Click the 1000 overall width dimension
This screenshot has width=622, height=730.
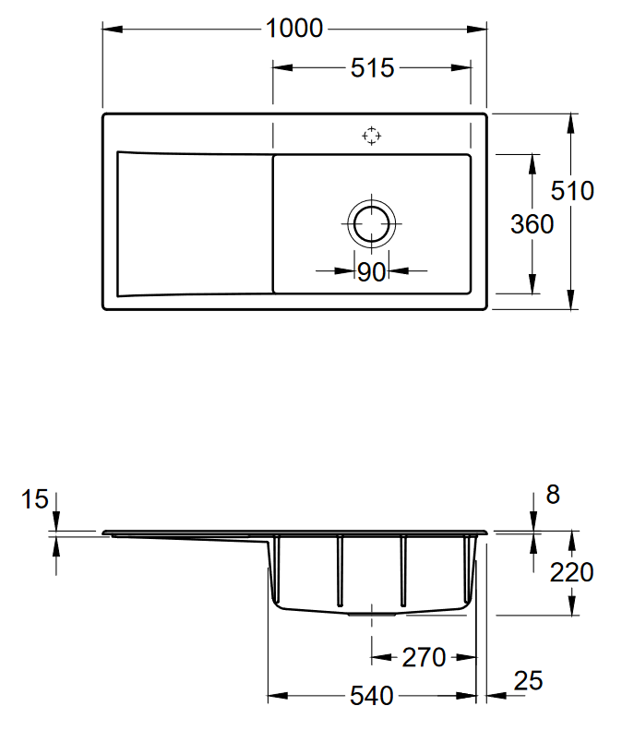[294, 29]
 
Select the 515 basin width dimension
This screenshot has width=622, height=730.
[372, 67]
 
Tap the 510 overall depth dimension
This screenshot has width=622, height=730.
[572, 190]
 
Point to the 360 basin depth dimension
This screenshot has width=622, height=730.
[532, 223]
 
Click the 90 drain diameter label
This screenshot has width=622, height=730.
[371, 271]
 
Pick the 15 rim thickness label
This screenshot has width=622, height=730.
[34, 500]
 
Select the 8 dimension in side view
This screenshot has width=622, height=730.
[553, 495]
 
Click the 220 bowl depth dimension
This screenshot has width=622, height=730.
[572, 572]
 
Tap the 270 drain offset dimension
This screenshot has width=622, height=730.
[425, 658]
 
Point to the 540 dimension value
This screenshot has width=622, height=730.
[371, 695]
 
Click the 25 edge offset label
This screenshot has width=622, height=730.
[528, 681]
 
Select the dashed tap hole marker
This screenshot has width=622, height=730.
[371, 137]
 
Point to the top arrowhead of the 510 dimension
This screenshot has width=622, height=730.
[572, 120]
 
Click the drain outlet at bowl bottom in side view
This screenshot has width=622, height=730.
[371, 611]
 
